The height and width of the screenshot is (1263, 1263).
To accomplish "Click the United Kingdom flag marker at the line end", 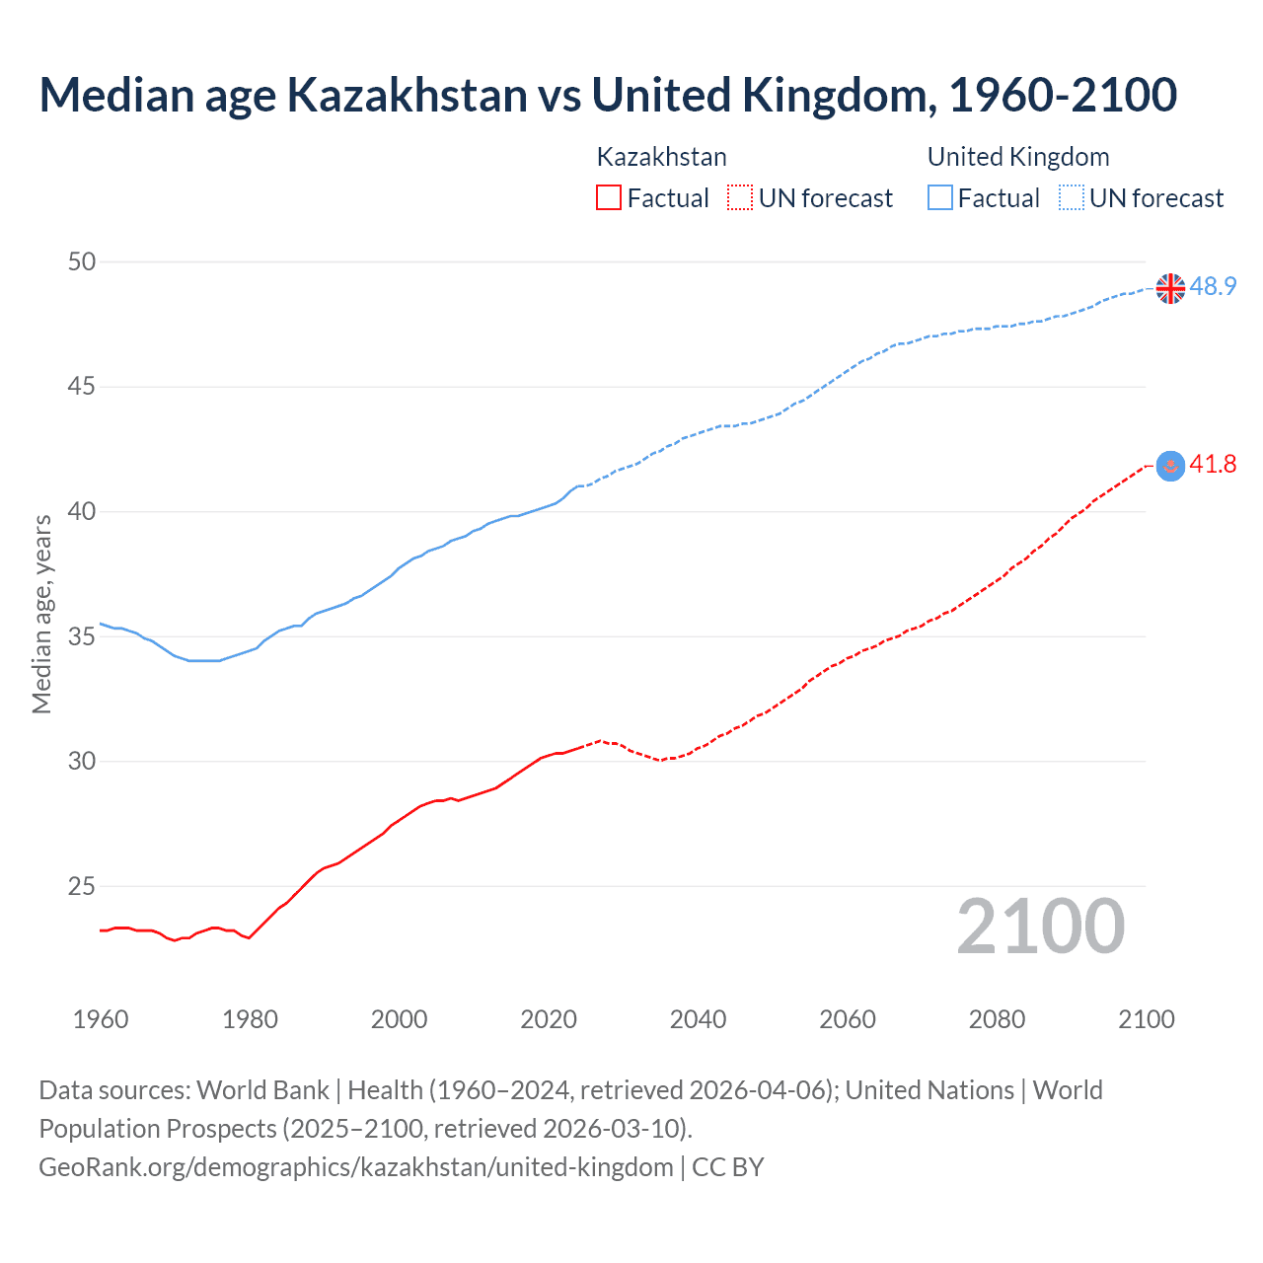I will click(1170, 288).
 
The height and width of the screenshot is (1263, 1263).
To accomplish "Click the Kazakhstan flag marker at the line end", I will click(1170, 466).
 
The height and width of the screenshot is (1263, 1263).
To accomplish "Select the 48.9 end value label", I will click(1213, 287).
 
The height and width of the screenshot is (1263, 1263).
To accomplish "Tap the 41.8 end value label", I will click(1213, 465).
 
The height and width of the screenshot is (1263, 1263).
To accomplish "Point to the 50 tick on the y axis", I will click(82, 261).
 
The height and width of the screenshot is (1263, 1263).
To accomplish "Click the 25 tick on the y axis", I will click(82, 886).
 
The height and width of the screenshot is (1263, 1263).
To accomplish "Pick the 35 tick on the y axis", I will click(82, 636).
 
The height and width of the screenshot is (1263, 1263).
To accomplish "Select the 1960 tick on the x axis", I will click(101, 1019).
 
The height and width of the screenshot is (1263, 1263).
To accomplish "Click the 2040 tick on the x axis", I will click(698, 1019).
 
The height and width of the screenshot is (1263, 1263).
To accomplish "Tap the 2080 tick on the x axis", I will click(997, 1019).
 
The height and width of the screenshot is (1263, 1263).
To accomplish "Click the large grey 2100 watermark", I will click(1040, 927).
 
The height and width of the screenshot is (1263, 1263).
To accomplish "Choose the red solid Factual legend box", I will click(609, 198).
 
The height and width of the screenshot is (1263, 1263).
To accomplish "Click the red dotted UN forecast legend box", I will click(740, 198).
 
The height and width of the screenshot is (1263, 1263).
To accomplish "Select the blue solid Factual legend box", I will click(940, 198).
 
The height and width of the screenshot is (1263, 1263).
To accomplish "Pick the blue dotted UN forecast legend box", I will click(1071, 198).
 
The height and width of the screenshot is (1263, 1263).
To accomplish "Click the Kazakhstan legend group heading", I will click(661, 157).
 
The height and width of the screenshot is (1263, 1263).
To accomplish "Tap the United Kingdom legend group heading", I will click(1018, 157).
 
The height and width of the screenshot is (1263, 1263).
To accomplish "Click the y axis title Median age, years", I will click(41, 614).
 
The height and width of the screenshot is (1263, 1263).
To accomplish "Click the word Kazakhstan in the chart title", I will click(407, 95).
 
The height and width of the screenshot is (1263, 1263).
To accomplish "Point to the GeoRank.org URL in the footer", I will click(355, 1167).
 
